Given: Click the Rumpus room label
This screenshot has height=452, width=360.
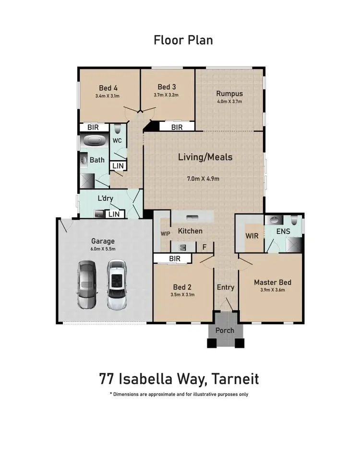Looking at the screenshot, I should [x=229, y=94].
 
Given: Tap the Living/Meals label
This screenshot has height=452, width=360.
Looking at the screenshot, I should [x=205, y=157].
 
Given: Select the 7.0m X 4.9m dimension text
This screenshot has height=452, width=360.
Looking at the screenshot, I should [x=203, y=179].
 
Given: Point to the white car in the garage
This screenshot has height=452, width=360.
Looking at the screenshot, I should [x=116, y=285].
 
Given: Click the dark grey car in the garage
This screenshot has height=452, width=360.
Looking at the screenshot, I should [x=87, y=285].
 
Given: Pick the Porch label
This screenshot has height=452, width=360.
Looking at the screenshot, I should [x=225, y=330].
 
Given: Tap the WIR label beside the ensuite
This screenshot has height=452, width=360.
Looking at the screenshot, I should [x=252, y=236].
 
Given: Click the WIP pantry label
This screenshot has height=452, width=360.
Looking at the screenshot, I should [x=165, y=234].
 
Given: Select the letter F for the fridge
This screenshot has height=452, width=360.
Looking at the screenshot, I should [x=204, y=247].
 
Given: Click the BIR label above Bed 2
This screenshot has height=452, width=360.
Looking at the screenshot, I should [x=175, y=259].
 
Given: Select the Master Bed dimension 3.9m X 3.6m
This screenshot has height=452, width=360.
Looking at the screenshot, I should [x=272, y=290].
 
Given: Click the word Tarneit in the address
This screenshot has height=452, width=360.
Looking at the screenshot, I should [x=235, y=379].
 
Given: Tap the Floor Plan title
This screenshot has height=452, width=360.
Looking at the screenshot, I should [x=183, y=40].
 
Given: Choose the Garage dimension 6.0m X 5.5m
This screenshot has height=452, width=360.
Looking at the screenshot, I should [x=103, y=249].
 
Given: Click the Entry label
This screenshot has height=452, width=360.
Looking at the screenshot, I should [x=226, y=287].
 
